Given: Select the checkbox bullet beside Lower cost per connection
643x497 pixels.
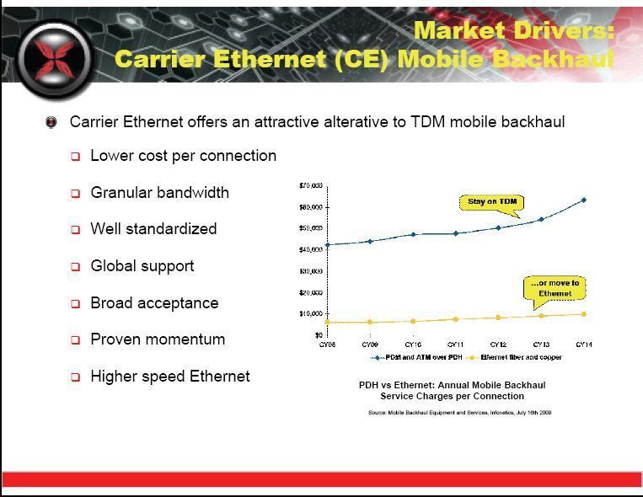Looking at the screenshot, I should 75,157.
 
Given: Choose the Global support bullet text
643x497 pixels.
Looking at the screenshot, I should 142,266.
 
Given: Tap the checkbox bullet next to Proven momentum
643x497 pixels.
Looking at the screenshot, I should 75,340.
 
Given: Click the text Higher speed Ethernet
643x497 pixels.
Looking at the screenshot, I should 169,377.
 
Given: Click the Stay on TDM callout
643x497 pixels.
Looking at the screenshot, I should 493,202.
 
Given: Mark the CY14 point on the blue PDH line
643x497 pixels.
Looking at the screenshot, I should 583,200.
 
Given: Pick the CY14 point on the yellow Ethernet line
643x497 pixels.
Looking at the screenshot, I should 583,314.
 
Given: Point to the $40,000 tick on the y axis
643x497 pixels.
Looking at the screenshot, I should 311,250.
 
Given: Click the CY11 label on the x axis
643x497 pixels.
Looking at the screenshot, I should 455,345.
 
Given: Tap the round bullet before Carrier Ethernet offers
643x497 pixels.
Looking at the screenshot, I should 52,122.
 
